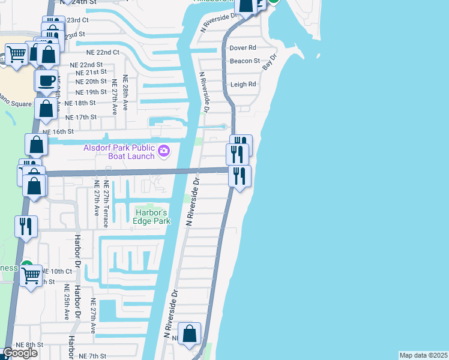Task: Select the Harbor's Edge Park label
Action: [x=152, y=216]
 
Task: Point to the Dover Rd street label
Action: [x=243, y=47]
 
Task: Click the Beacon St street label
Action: [x=245, y=61]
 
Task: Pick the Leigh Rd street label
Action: [x=243, y=85]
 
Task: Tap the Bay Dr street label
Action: [x=271, y=64]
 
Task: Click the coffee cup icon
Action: [x=46, y=80]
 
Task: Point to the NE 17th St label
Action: [x=80, y=117]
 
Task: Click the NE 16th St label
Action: [x=58, y=131]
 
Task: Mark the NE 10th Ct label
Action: [x=57, y=271]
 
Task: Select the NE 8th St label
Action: [x=30, y=344]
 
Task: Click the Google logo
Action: [x=20, y=353]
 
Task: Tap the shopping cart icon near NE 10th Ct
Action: [x=31, y=277]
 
